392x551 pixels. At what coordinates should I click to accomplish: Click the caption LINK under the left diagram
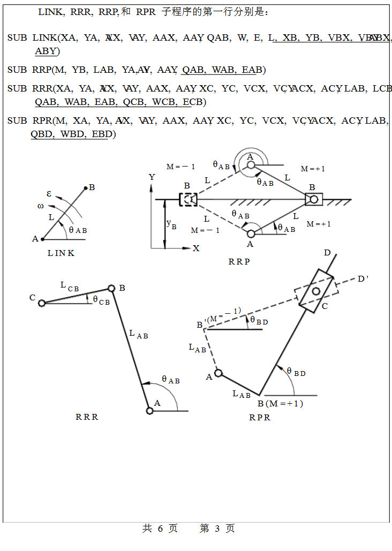coord(61,253)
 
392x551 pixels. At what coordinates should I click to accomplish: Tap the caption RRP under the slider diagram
coord(239,262)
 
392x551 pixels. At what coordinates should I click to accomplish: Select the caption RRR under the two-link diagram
coord(87,417)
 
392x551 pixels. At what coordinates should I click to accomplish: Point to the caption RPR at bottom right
coord(260,418)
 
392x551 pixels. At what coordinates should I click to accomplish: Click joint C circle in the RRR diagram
coord(42,303)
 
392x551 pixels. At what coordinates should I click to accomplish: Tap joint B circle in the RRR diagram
coord(111,288)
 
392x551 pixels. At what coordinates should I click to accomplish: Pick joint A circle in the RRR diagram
coord(149,411)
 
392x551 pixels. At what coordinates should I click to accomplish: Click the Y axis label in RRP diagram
coord(152,177)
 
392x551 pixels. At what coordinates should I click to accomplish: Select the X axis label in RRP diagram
coord(196,248)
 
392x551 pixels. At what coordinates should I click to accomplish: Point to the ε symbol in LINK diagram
coord(49,194)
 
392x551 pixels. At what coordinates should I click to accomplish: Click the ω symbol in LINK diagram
coord(41,206)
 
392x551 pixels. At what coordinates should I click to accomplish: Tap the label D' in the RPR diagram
coord(363,279)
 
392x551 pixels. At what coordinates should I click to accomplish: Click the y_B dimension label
coord(171,224)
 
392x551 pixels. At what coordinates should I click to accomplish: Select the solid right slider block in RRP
coord(313,200)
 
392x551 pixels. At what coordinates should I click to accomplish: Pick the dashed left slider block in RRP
coord(188,200)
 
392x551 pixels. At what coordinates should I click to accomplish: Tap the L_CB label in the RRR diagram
coord(70,286)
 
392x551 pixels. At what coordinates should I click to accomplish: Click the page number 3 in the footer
coord(217,529)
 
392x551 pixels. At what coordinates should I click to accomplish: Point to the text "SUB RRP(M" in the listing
coord(37,70)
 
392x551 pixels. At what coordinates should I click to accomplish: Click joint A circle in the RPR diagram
coord(218,373)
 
